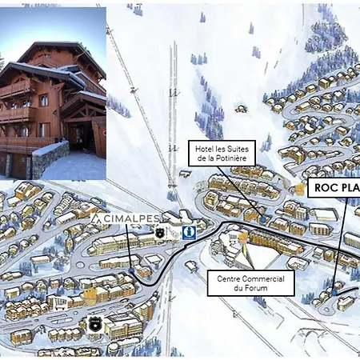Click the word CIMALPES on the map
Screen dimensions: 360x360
130,218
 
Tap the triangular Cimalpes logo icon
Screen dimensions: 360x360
97,218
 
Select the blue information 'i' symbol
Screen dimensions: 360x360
189,233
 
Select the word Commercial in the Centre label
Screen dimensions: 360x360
261,278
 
